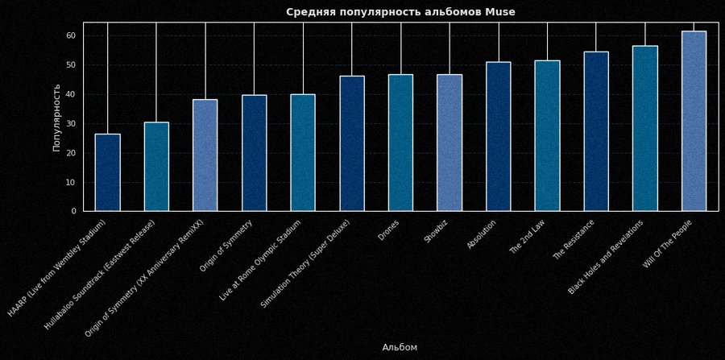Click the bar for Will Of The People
click(x=694, y=121)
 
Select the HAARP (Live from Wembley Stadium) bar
click(x=108, y=172)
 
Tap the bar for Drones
click(x=400, y=143)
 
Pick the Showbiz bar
click(x=449, y=143)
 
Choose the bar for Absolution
click(x=498, y=136)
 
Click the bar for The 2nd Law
click(x=547, y=135)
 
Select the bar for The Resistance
click(x=596, y=131)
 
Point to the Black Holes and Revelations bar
click(x=644, y=128)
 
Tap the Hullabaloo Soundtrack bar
click(x=156, y=167)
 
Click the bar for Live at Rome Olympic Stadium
click(x=303, y=153)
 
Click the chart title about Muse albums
click(x=400, y=12)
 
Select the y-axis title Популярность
click(x=57, y=117)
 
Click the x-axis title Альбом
click(x=400, y=348)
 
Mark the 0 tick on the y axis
click(x=74, y=212)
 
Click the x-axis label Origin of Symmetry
click(x=226, y=246)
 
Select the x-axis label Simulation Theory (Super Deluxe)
click(x=305, y=263)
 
